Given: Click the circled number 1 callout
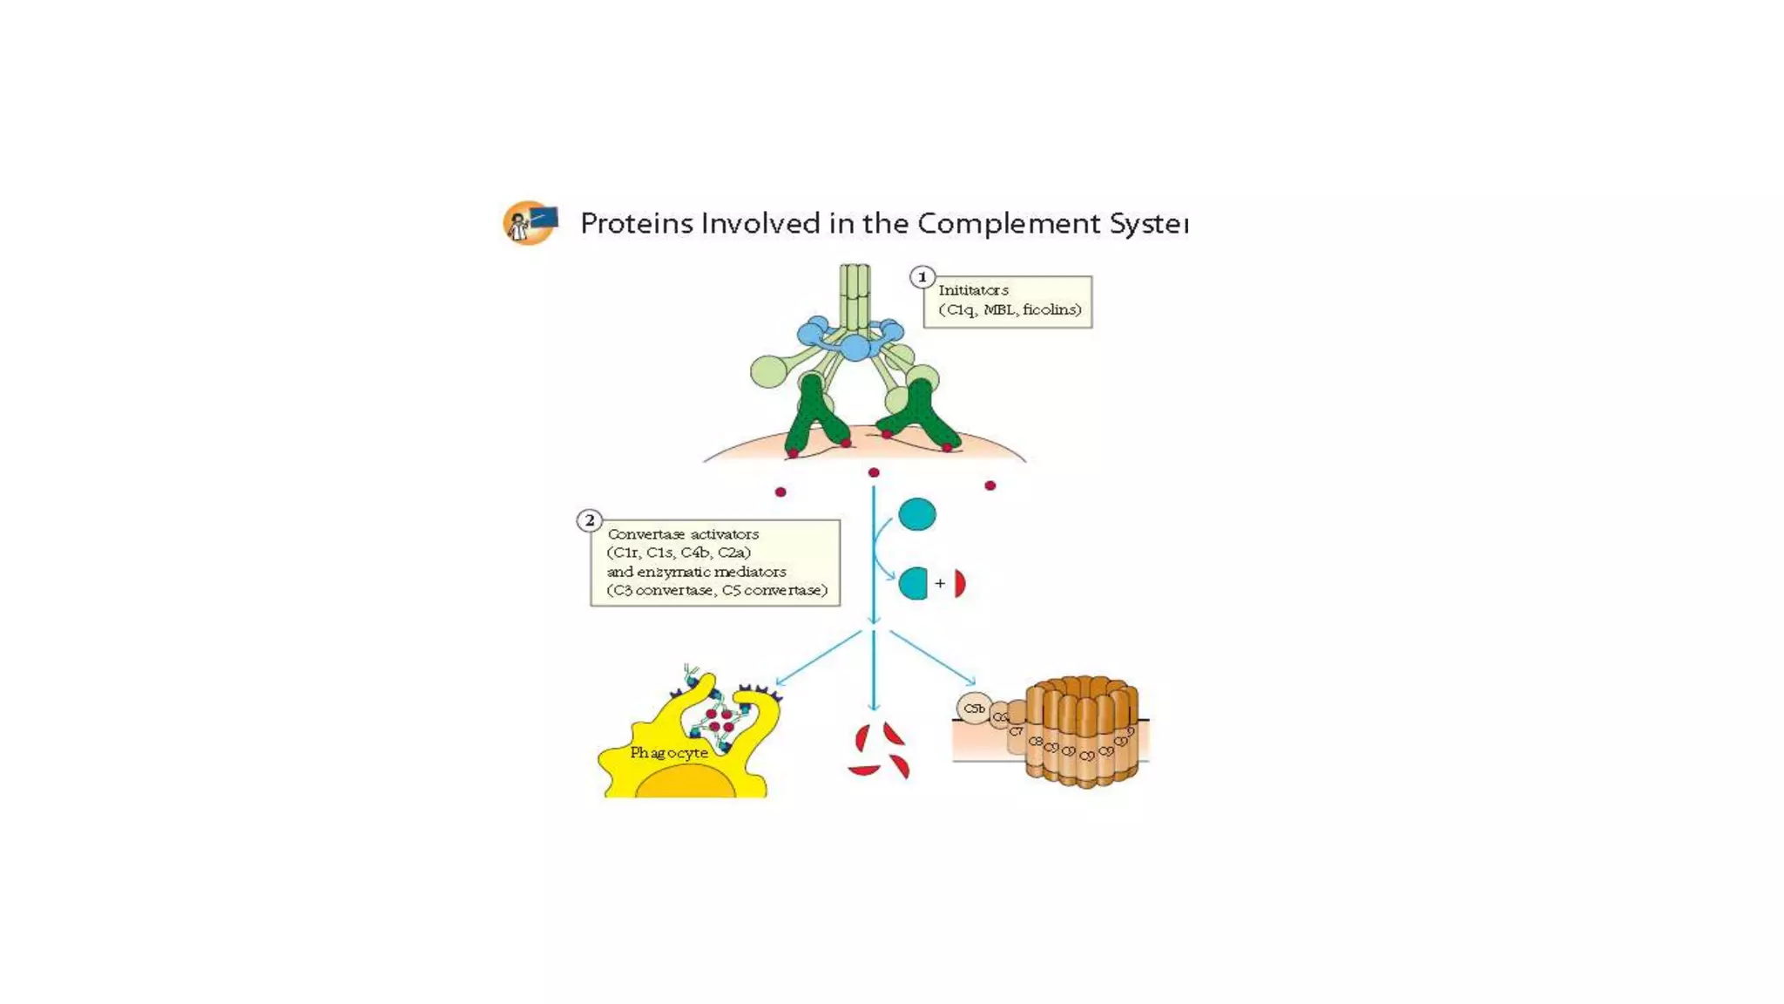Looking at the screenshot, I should pos(922,277).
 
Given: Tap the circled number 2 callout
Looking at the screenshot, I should pos(590,521).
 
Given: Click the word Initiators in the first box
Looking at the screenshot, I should pos(973,290).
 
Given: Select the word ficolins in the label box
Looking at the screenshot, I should pos(1051,309).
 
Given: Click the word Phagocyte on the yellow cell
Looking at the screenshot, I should pos(669,753).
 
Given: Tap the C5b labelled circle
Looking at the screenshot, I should pos(974,709).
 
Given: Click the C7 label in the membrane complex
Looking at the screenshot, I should pos(1016,731).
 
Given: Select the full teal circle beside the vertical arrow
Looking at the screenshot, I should pos(917,514).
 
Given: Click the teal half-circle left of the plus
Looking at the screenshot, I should pos(913,584).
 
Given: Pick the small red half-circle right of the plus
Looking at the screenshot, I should pos(960,584).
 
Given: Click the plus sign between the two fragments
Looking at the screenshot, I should pos(940,583).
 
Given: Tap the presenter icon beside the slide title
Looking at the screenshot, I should pos(530,223).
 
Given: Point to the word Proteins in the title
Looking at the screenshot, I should pos(637,224).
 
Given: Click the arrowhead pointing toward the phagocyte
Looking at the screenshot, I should pos(779,682).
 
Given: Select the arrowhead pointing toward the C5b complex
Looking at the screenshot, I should pos(970,682).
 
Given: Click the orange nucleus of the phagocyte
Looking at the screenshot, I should pos(686,784).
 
